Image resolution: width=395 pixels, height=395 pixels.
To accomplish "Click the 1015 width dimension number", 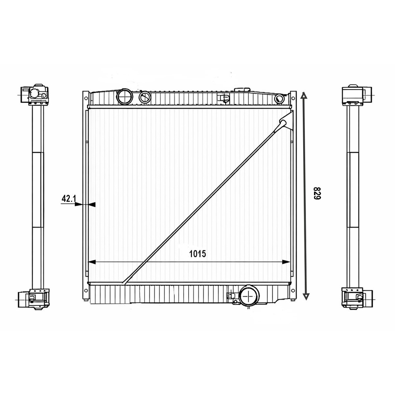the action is click(x=197, y=254).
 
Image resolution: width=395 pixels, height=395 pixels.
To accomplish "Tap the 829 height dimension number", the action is click(x=317, y=193).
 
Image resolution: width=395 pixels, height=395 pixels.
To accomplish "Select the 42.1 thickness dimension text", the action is click(x=69, y=199).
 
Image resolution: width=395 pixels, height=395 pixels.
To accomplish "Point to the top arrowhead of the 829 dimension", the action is click(x=304, y=95).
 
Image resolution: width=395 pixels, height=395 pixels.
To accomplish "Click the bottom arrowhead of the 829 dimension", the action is click(x=306, y=297).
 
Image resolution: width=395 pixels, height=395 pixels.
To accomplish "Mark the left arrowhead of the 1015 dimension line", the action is click(x=92, y=262).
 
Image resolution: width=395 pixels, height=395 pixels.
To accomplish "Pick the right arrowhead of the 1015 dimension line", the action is click(x=286, y=262).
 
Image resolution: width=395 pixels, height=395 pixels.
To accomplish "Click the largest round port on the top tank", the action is click(x=125, y=96).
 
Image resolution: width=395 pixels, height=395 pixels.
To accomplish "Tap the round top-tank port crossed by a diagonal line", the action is click(x=145, y=97).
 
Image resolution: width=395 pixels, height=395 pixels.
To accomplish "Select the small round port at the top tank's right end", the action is click(x=280, y=98).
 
